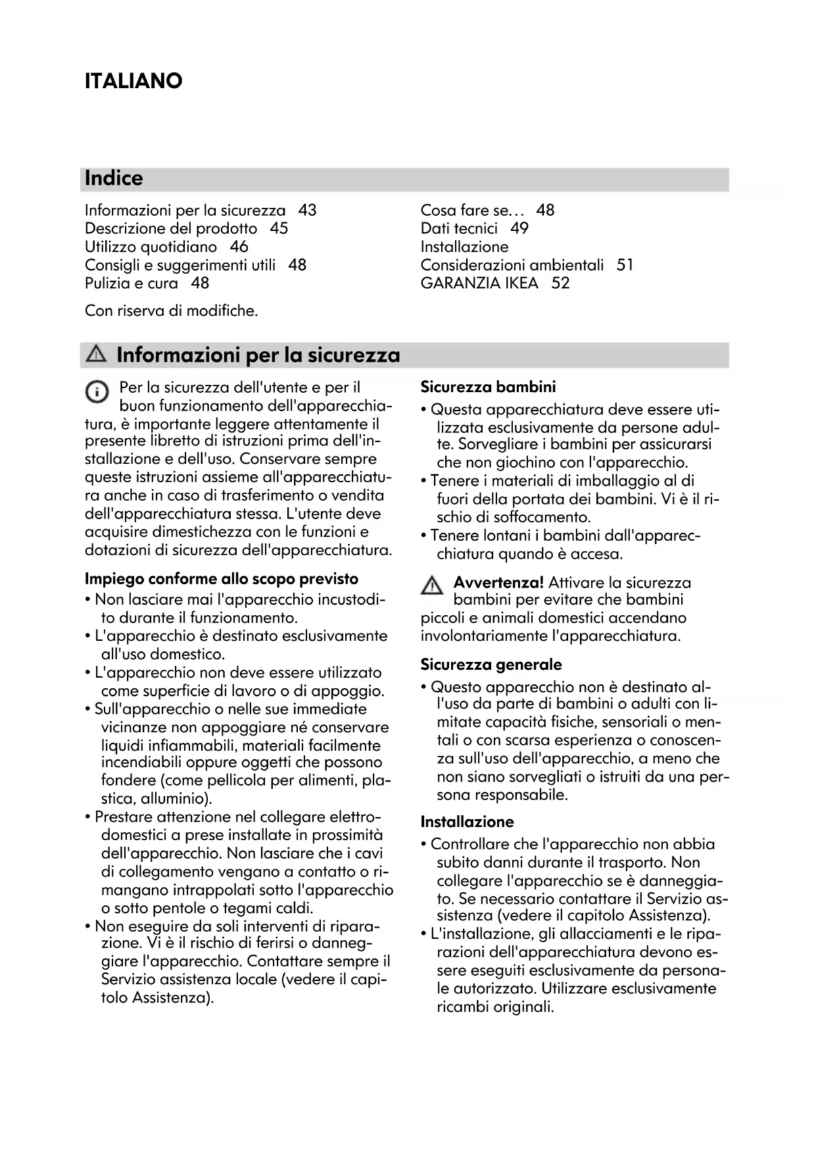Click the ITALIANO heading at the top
(x=133, y=82)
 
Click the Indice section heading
(x=114, y=178)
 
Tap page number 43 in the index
(x=307, y=211)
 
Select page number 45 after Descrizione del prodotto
(x=279, y=228)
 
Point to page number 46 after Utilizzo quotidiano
(x=239, y=247)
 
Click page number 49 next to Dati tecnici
(x=519, y=228)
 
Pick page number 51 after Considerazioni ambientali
(x=625, y=265)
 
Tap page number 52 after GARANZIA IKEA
(x=560, y=284)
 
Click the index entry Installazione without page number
(x=464, y=247)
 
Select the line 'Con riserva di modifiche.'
(x=171, y=311)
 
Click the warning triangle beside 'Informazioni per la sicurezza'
(x=97, y=355)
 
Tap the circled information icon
(x=97, y=392)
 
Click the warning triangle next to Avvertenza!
(x=432, y=585)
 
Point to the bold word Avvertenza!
(x=498, y=582)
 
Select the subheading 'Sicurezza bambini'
(x=488, y=387)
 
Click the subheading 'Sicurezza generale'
(x=491, y=665)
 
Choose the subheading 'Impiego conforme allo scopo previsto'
(x=222, y=579)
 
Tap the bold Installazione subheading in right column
(x=467, y=822)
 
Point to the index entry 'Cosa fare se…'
(x=473, y=211)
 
